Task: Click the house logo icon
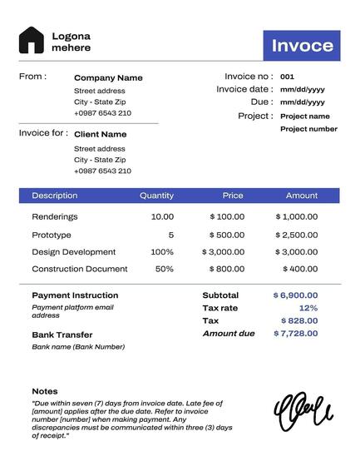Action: click(32, 41)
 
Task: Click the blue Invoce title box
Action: click(302, 45)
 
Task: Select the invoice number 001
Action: click(287, 76)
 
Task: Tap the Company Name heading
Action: click(108, 77)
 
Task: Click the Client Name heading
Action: click(100, 134)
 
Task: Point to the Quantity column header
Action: click(156, 196)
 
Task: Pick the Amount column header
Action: click(302, 196)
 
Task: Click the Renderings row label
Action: click(55, 216)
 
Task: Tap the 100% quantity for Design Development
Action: click(162, 251)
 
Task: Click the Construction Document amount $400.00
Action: click(300, 269)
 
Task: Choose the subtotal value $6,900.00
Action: click(295, 295)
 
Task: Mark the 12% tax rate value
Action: click(308, 308)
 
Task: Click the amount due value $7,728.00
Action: click(295, 333)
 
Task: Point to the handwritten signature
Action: click(303, 413)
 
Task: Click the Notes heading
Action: click(45, 390)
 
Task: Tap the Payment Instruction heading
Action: click(75, 295)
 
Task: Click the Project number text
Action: click(308, 129)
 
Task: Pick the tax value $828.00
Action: click(299, 320)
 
